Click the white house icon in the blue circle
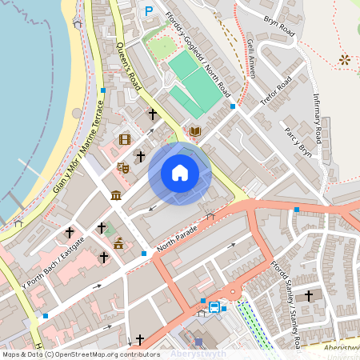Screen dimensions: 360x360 pos(180,172)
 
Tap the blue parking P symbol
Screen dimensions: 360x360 pos(148,11)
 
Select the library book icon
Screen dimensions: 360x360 pos(195,130)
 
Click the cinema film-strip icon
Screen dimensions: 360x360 pos(124,139)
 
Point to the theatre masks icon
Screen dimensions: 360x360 pos(123,167)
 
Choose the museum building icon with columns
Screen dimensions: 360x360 pos(116,196)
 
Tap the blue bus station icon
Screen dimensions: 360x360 pos(214,307)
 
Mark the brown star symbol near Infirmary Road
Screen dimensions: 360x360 pos(345,59)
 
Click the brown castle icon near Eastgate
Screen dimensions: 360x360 pos(118,242)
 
